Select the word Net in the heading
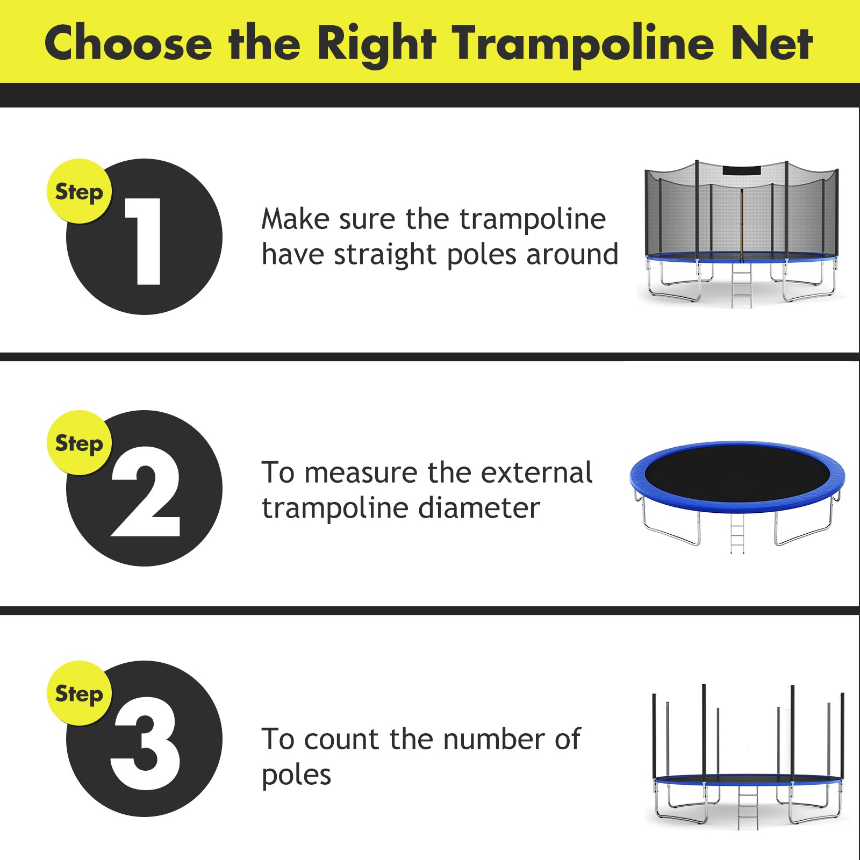click(x=772, y=43)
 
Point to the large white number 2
click(x=145, y=492)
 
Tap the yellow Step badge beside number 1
click(x=79, y=191)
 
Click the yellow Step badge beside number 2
click(x=79, y=443)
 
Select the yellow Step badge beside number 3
click(x=79, y=693)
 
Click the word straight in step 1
click(x=384, y=254)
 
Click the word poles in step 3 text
click(x=296, y=775)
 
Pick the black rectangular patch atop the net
click(x=742, y=171)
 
